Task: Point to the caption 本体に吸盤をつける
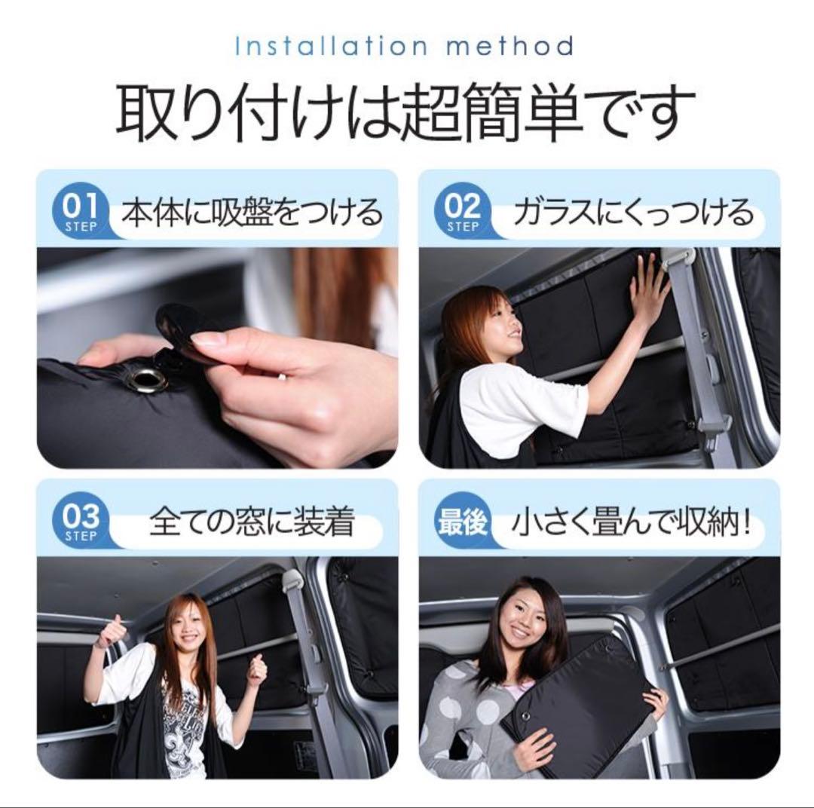point(252,213)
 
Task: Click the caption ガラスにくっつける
point(633,213)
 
